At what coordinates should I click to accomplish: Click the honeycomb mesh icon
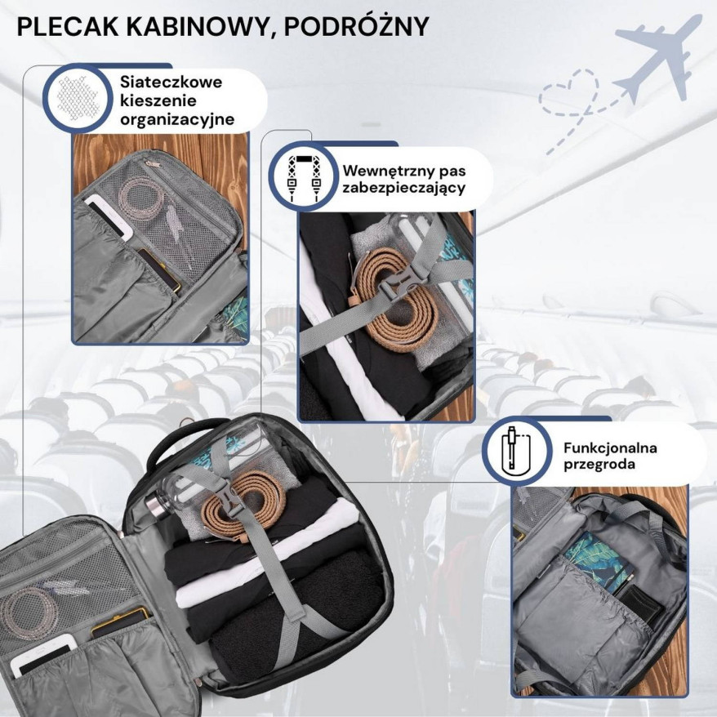pyautogui.click(x=78, y=98)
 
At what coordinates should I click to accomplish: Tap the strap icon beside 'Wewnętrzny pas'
pyautogui.click(x=303, y=178)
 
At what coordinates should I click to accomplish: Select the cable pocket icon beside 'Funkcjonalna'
pyautogui.click(x=516, y=452)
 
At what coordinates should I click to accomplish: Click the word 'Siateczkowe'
pyautogui.click(x=171, y=82)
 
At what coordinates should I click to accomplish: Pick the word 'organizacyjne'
pyautogui.click(x=177, y=120)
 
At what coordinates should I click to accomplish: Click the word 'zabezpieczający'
pyautogui.click(x=403, y=189)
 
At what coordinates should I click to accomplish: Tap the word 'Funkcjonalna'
pyautogui.click(x=610, y=448)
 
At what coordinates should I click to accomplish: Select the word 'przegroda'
pyautogui.click(x=599, y=465)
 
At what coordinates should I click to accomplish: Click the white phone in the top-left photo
pyautogui.click(x=109, y=216)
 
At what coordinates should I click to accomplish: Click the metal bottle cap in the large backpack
pyautogui.click(x=155, y=506)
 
